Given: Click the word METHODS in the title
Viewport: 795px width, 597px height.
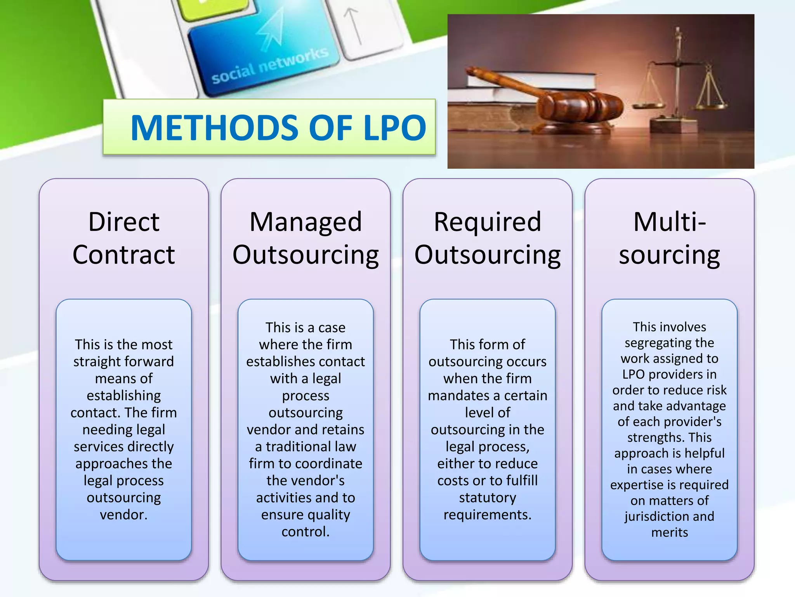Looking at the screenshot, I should (x=215, y=128).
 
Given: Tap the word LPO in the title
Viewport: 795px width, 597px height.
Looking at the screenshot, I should (x=394, y=128).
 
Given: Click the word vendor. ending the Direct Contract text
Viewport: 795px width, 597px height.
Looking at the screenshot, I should (x=124, y=515).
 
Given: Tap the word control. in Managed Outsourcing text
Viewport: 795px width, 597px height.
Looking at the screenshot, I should (x=306, y=531).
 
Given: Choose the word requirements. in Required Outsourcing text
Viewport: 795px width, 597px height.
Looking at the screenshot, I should (x=487, y=515).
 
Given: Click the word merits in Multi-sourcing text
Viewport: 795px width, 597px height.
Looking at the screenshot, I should (x=669, y=532).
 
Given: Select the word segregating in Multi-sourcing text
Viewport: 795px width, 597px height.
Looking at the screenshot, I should (x=669, y=343).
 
